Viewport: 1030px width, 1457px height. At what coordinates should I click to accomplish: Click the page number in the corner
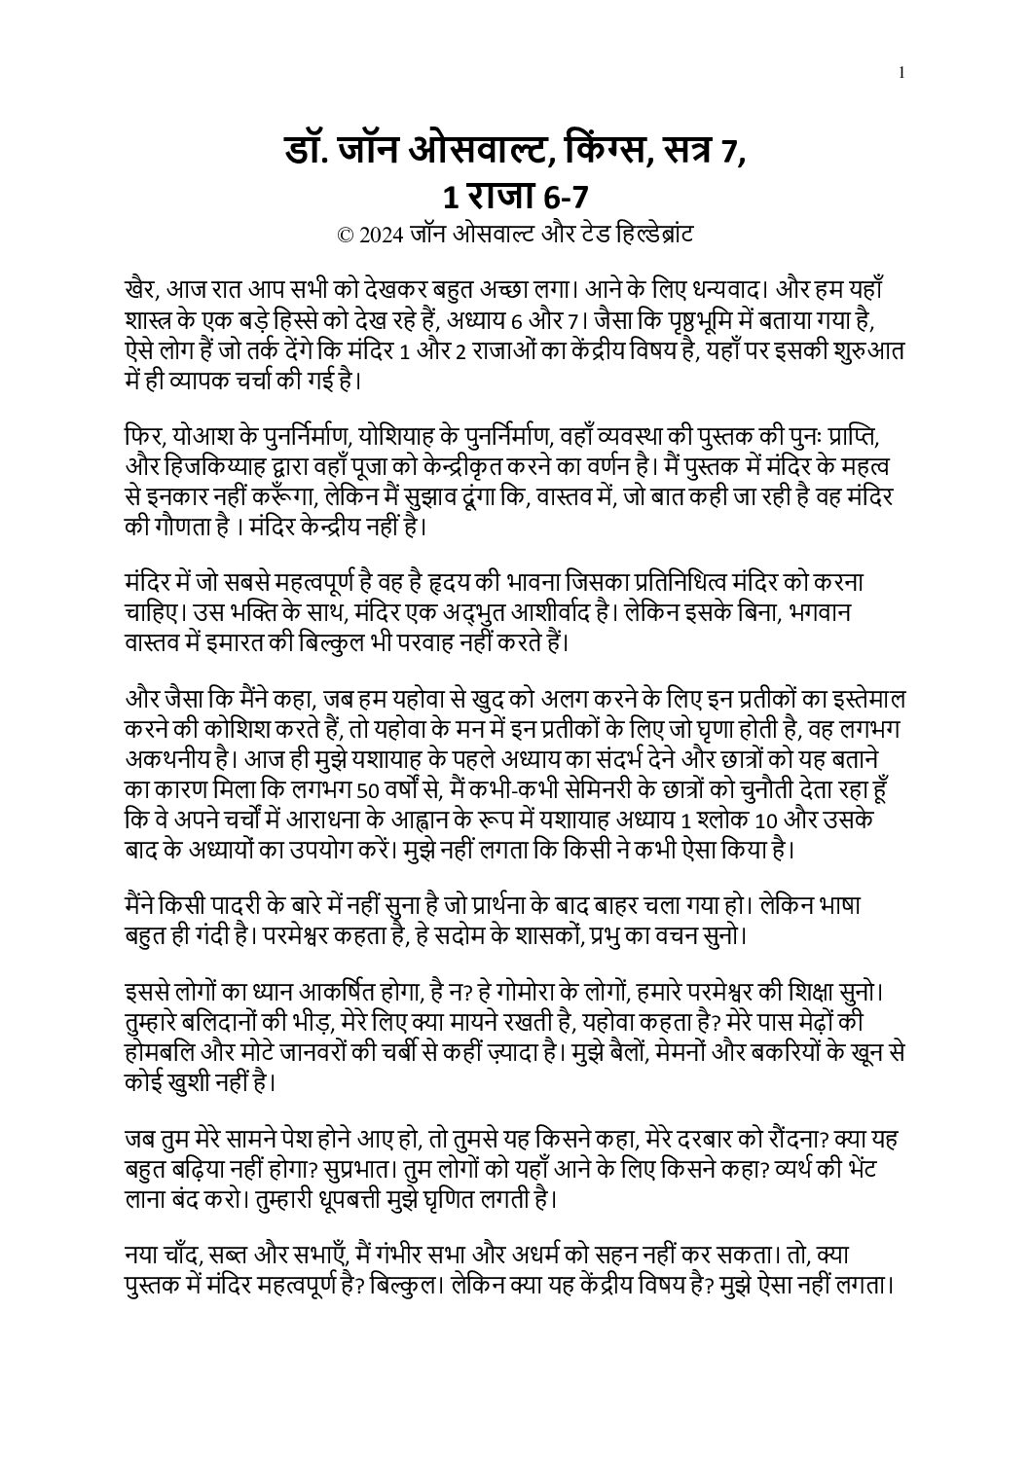(x=903, y=71)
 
